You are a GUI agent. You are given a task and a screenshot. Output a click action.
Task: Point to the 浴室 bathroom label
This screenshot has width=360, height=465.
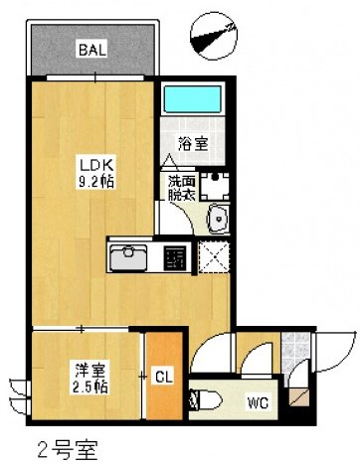click(193, 144)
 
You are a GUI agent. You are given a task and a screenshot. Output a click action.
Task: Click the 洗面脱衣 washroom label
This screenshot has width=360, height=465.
click(181, 190)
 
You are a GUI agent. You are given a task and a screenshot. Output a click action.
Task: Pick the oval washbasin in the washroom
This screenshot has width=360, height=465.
click(217, 220)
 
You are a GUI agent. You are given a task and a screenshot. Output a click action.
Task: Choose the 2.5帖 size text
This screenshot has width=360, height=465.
click(90, 386)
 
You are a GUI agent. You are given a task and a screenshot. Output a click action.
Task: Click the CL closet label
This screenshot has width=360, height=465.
click(164, 377)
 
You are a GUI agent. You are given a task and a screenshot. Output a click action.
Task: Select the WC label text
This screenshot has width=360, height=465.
click(257, 402)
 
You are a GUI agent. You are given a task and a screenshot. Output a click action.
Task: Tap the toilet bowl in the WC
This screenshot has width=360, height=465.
click(211, 399)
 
